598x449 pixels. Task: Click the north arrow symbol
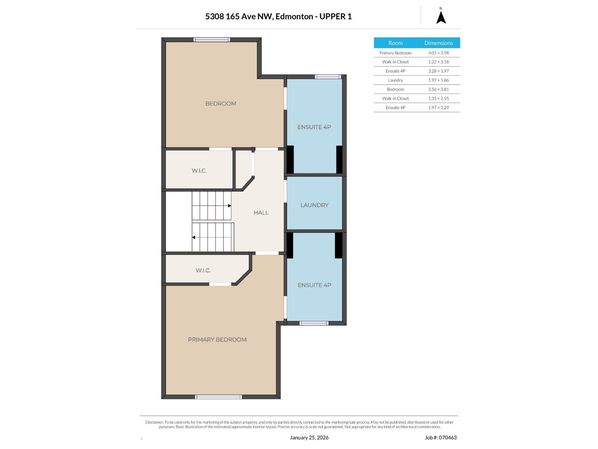point(441,18)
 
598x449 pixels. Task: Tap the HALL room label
point(261,213)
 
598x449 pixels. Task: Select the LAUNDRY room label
point(314,205)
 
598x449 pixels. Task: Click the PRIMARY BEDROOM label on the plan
point(217,340)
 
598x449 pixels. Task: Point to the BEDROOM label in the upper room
point(221,104)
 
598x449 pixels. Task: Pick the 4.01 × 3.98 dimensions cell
point(438,53)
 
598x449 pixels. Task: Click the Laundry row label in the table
point(395,80)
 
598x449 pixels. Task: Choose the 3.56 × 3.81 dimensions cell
point(438,89)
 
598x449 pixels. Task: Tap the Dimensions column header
point(438,43)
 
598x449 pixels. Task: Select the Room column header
point(395,43)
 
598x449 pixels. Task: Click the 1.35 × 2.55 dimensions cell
point(438,98)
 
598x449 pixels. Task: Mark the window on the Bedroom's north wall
point(212,40)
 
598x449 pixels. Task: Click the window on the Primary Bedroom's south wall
point(219,397)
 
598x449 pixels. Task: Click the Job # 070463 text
point(441,437)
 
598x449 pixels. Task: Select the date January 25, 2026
point(309,437)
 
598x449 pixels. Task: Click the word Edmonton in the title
point(294,16)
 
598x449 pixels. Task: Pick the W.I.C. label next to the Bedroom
point(199,171)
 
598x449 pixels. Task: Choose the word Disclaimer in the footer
point(154,422)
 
